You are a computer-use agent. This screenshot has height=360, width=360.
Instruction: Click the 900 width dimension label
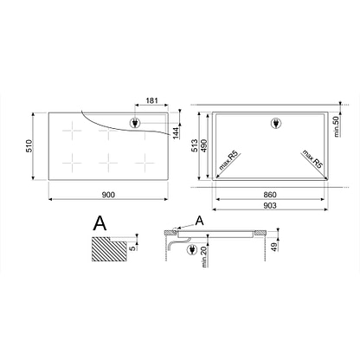[x=108, y=195]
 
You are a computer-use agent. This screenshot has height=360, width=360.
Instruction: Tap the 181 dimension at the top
[x=151, y=100]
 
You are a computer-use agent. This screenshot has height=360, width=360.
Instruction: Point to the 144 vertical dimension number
[x=176, y=132]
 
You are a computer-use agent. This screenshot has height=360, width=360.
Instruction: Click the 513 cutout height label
[x=195, y=145]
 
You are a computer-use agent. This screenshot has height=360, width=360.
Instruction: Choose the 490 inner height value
[x=203, y=145]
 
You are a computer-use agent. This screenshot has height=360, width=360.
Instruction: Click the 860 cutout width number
[x=270, y=195]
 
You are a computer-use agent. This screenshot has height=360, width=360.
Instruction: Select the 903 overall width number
[x=270, y=206]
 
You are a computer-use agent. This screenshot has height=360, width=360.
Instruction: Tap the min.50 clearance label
[x=337, y=125]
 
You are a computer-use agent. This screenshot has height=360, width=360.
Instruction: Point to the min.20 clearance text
[x=204, y=257]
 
